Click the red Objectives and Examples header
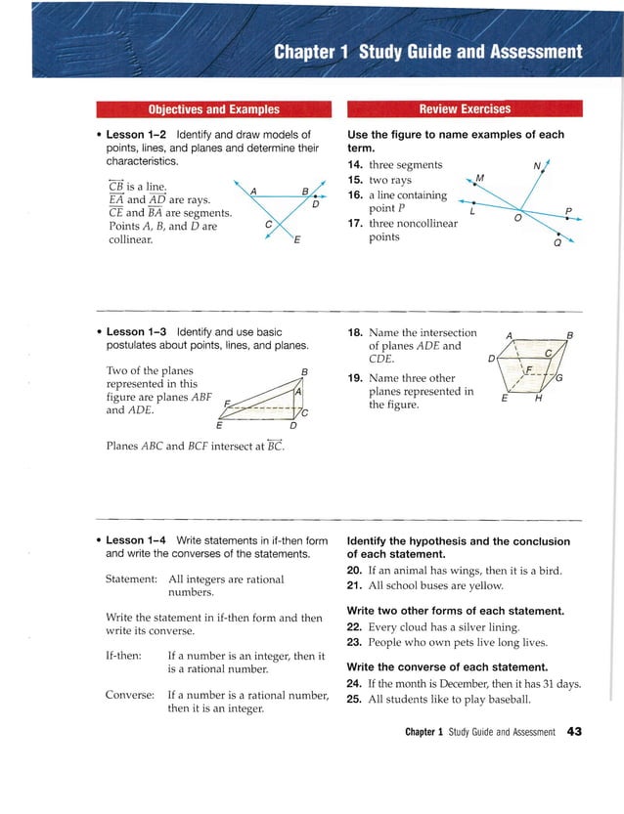[x=212, y=109]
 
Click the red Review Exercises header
[x=464, y=108]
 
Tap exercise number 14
[x=356, y=165]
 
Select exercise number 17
[x=356, y=223]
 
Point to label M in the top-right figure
[x=479, y=178]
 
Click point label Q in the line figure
[x=557, y=245]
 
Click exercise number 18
[x=356, y=333]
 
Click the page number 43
[x=574, y=732]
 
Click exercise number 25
[x=356, y=700]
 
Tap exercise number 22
[x=356, y=626]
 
